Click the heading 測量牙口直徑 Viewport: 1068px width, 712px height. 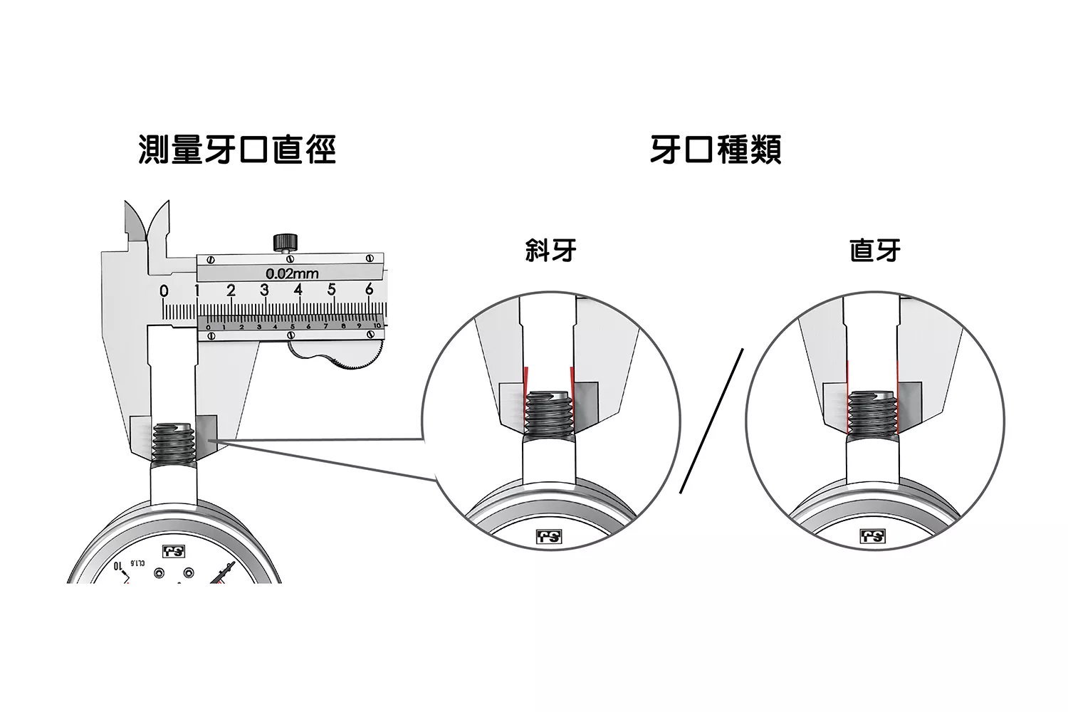[x=236, y=150]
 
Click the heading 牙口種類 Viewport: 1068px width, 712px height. [x=716, y=150]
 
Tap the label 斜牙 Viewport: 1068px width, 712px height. [x=550, y=251]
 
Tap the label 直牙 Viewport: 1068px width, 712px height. [x=875, y=251]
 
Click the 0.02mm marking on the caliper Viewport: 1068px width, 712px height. [x=292, y=273]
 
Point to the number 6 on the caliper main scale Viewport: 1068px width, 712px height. [x=369, y=290]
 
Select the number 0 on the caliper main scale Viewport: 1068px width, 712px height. [x=164, y=291]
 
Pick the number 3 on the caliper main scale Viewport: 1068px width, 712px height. [x=264, y=290]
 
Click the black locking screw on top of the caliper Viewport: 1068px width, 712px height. [x=285, y=241]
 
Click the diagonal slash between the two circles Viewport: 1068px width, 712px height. [x=711, y=421]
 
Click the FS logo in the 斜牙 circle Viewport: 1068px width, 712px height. [x=549, y=536]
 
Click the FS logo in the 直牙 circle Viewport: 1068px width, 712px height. [x=873, y=536]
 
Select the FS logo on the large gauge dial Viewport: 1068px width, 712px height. [x=173, y=551]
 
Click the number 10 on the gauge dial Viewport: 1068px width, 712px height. [x=117, y=567]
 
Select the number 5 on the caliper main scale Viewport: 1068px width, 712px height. [x=331, y=290]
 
